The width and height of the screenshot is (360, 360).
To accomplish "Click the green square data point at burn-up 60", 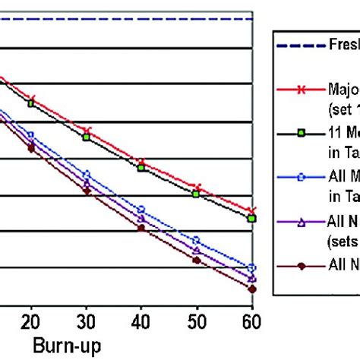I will click(x=252, y=219).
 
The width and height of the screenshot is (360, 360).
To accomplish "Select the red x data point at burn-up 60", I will click(x=252, y=210).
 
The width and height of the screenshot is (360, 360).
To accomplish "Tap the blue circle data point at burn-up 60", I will click(x=252, y=268).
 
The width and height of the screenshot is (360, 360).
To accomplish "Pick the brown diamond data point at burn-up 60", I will click(x=252, y=289).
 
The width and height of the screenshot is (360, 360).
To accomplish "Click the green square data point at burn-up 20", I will click(x=31, y=103).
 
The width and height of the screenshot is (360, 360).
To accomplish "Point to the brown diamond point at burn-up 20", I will click(x=31, y=149).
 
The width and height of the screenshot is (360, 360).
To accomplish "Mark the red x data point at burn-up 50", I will click(x=197, y=187).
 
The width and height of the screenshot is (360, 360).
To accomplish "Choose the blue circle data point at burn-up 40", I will click(x=141, y=210).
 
